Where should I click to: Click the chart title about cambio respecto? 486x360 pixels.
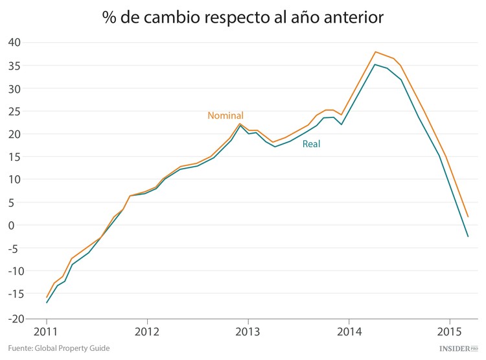(243, 18)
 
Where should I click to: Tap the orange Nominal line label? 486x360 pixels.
(226, 115)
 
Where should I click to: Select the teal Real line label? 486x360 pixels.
(312, 144)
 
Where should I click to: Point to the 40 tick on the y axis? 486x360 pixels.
(15, 43)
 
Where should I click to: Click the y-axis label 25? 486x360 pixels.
(15, 111)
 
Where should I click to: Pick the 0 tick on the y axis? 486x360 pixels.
(19, 225)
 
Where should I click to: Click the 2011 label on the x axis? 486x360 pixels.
(47, 331)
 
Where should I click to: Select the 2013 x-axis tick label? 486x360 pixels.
(248, 331)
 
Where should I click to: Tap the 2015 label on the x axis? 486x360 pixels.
(450, 331)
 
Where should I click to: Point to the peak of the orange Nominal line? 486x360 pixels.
(375, 52)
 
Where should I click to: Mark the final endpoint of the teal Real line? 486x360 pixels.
(468, 237)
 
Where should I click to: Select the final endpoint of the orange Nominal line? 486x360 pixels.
(468, 217)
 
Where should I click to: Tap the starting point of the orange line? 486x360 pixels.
(47, 297)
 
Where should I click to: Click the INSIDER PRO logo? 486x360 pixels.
(457, 348)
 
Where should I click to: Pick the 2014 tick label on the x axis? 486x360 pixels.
(349, 331)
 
